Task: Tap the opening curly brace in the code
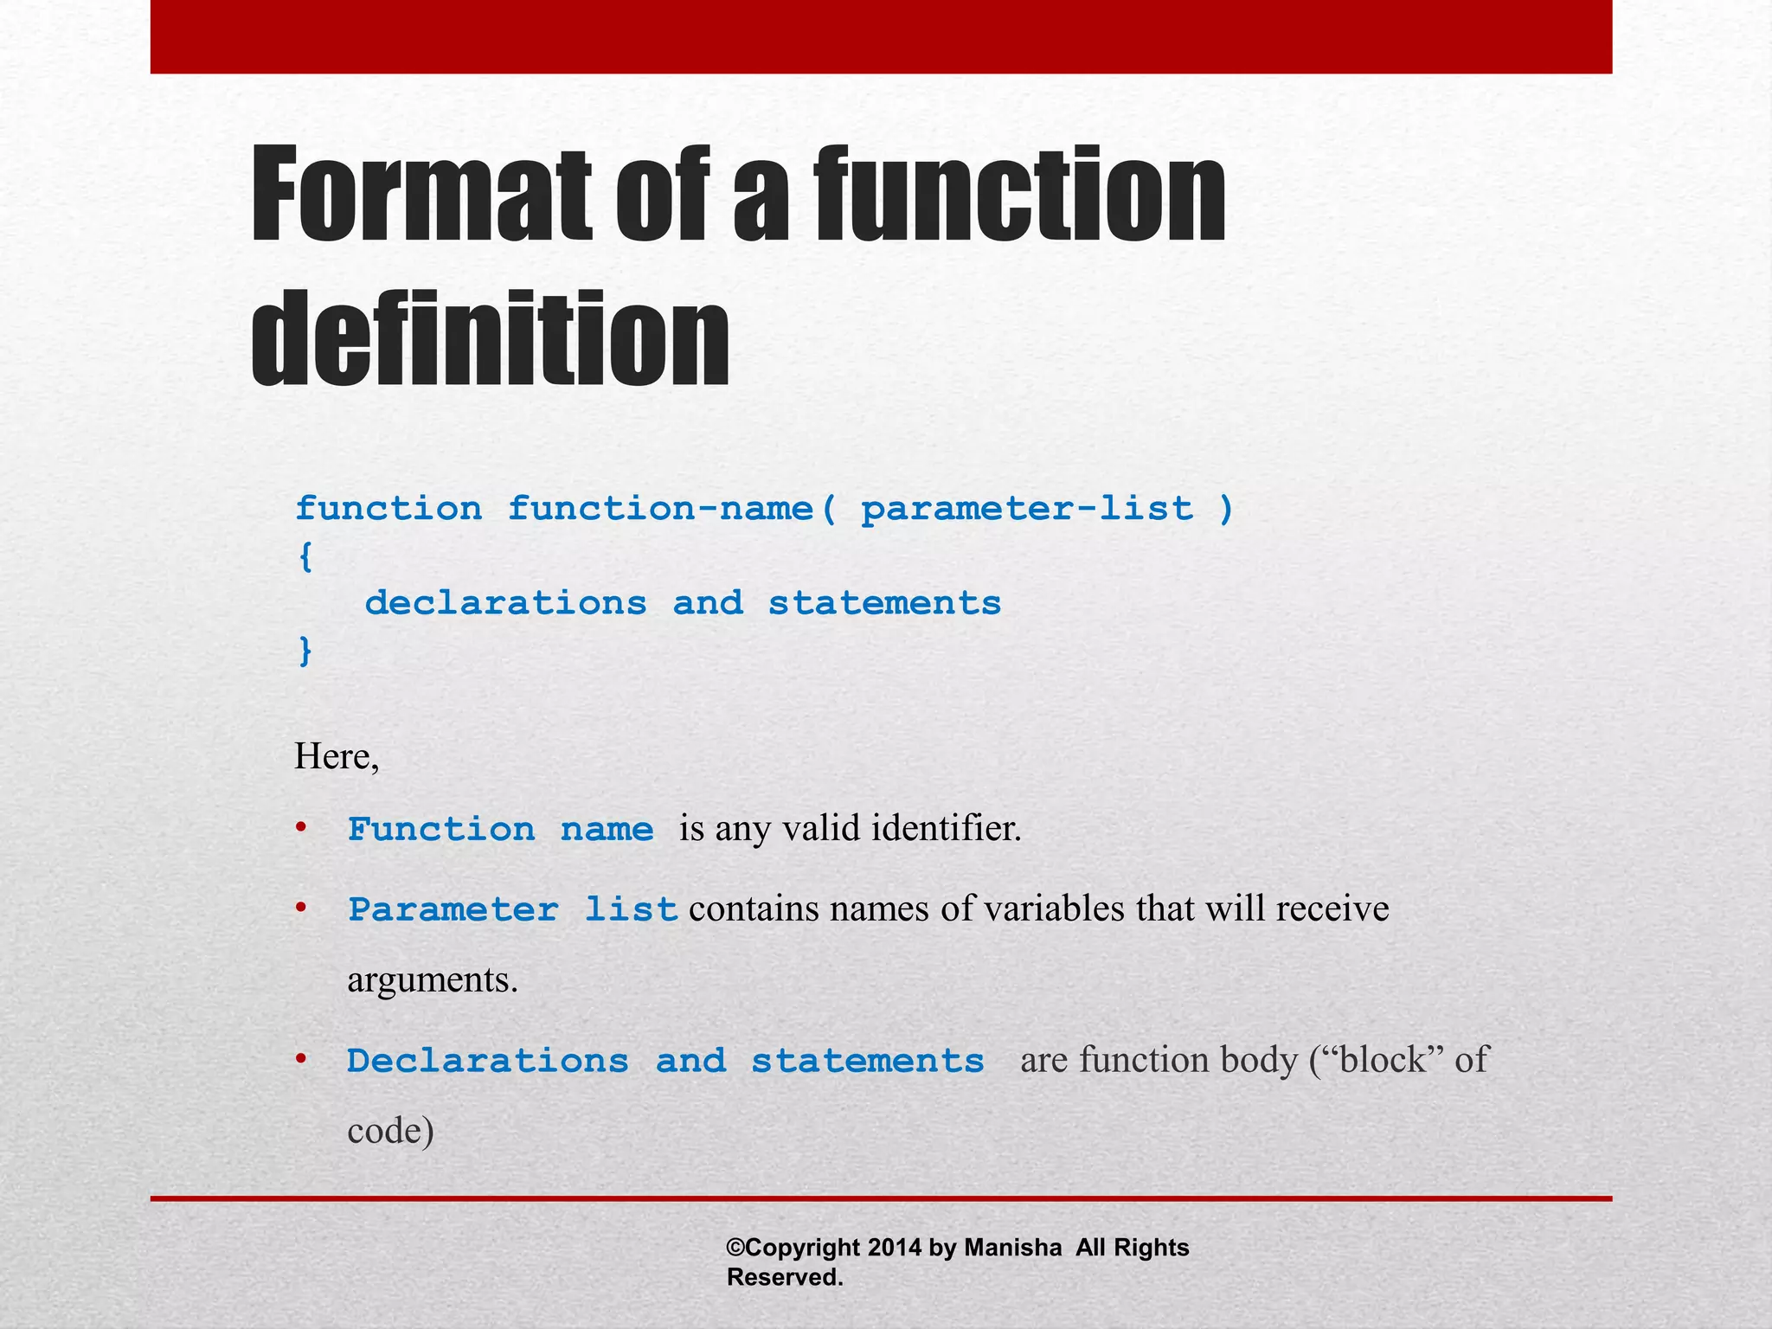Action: tap(305, 556)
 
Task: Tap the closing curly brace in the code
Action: tap(305, 650)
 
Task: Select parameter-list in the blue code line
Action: tap(1027, 509)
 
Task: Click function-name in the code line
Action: tap(661, 509)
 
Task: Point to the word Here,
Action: tap(337, 757)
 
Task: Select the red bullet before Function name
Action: tap(301, 828)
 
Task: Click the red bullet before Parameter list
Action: tap(301, 908)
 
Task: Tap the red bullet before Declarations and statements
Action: tap(301, 1059)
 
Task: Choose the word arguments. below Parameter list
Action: tap(432, 980)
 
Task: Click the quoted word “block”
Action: tap(1384, 1060)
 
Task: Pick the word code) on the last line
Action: tap(390, 1131)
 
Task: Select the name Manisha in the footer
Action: tap(1012, 1248)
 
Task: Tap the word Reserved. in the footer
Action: tap(785, 1277)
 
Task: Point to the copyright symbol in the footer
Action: tap(735, 1248)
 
